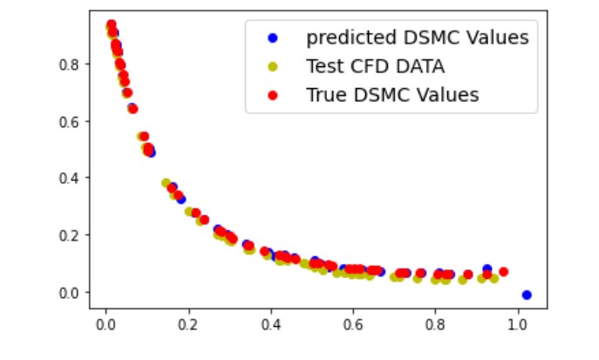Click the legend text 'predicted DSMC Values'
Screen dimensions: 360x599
point(417,37)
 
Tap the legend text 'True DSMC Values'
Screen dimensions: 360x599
point(392,95)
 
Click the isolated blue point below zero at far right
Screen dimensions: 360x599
point(527,295)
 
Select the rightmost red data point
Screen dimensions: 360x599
point(503,272)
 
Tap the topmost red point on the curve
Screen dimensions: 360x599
point(111,24)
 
